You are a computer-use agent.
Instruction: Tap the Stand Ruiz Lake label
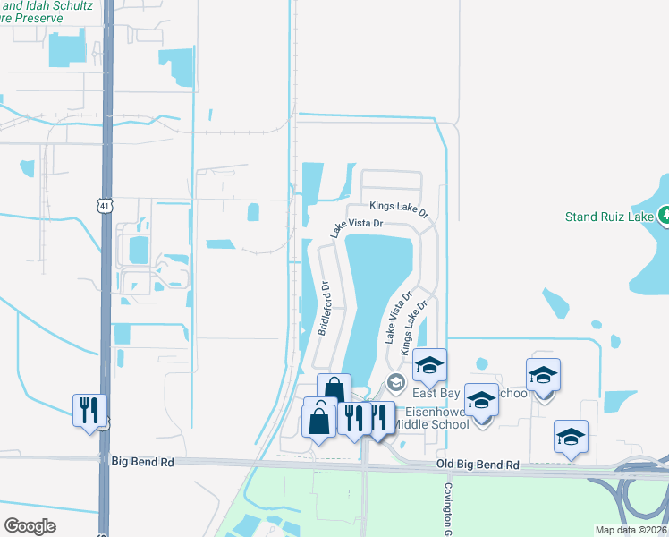coord(609,216)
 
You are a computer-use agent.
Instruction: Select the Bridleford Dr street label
coord(325,310)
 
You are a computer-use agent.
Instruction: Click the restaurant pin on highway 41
coord(89,410)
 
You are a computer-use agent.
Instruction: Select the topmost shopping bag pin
coord(334,390)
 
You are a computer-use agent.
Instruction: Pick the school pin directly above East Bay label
coord(429,364)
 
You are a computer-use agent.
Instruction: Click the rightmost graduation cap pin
coord(571,436)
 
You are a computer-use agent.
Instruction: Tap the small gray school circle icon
coord(395,383)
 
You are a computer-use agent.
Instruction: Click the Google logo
coord(30,526)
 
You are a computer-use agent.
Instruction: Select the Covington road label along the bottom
coord(446,510)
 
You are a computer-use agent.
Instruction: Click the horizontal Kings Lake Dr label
coord(399,209)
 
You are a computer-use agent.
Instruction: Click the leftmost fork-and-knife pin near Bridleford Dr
coord(354,417)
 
